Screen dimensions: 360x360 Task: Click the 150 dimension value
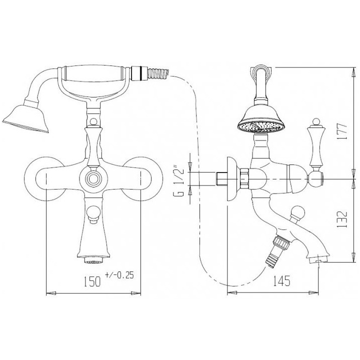pos(92,281)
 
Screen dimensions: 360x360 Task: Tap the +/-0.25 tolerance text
pos(119,275)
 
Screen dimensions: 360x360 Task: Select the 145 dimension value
pos(281,280)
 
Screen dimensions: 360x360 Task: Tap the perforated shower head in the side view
pos(261,121)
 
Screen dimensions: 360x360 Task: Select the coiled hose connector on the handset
pos(158,73)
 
